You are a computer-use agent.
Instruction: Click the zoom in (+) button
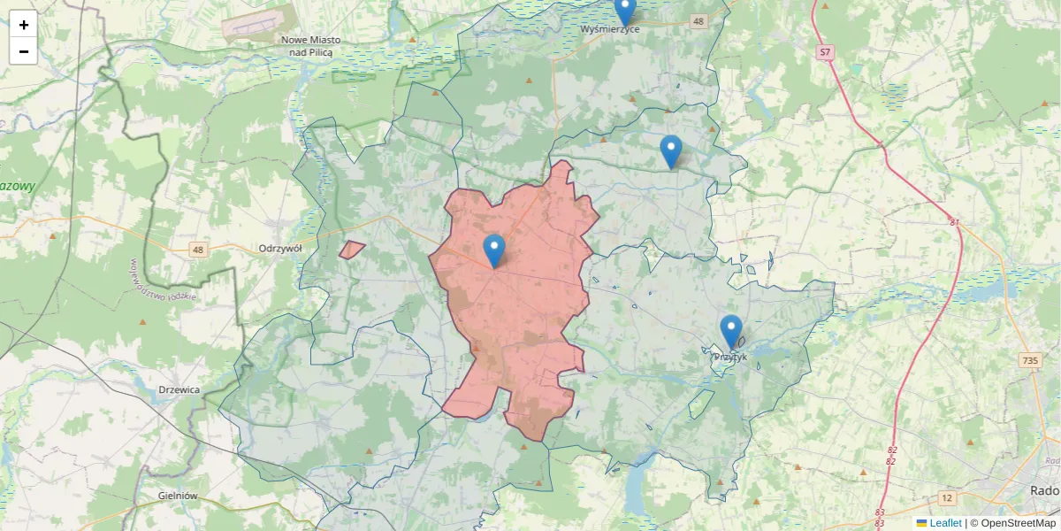24,24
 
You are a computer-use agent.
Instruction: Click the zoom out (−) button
24,51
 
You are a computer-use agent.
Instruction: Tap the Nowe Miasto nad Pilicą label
310,46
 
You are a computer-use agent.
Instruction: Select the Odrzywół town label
280,249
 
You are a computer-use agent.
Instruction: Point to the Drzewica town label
179,389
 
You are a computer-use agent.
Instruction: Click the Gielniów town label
177,496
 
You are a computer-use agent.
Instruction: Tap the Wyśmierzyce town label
610,29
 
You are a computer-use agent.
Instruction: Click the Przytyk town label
730,358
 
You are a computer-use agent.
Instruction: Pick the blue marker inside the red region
494,250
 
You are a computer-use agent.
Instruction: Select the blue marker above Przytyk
730,331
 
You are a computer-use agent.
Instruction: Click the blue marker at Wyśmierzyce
625,10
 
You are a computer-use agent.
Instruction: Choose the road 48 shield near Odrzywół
197,250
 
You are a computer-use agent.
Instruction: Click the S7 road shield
825,53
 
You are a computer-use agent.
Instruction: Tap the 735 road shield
1029,360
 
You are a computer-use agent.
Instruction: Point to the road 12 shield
948,498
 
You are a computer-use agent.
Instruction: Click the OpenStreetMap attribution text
1018,523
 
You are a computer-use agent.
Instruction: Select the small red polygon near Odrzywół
352,250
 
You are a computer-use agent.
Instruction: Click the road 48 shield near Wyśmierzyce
699,21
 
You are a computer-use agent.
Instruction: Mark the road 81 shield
955,221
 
